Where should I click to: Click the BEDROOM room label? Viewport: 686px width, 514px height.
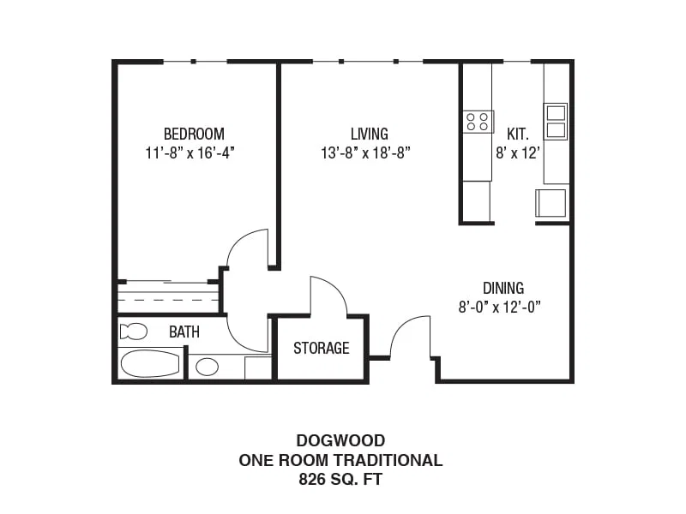[x=194, y=134]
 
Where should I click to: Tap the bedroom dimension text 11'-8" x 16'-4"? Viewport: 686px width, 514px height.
[x=190, y=153]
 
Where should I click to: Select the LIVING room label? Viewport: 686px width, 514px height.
[x=370, y=134]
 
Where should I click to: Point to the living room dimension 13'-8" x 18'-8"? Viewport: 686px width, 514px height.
[x=366, y=153]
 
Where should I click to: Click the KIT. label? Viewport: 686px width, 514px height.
[x=518, y=134]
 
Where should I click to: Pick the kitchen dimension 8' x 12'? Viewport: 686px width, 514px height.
[x=518, y=153]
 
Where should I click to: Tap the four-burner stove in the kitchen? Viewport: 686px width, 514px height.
[x=478, y=122]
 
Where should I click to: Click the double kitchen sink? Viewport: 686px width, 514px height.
[x=556, y=122]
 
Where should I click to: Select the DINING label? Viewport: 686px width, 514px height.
[x=503, y=288]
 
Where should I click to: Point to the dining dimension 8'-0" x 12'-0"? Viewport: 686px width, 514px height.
[x=500, y=308]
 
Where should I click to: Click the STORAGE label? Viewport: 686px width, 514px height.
[x=321, y=348]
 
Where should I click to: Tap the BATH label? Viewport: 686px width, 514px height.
[x=184, y=332]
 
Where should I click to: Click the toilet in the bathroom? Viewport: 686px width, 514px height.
[x=134, y=332]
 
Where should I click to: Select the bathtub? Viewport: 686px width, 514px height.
[x=150, y=363]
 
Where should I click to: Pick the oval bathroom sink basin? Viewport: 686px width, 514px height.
[x=207, y=368]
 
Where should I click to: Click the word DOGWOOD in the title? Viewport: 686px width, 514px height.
[x=340, y=440]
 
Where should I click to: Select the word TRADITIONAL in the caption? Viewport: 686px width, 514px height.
[x=388, y=460]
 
